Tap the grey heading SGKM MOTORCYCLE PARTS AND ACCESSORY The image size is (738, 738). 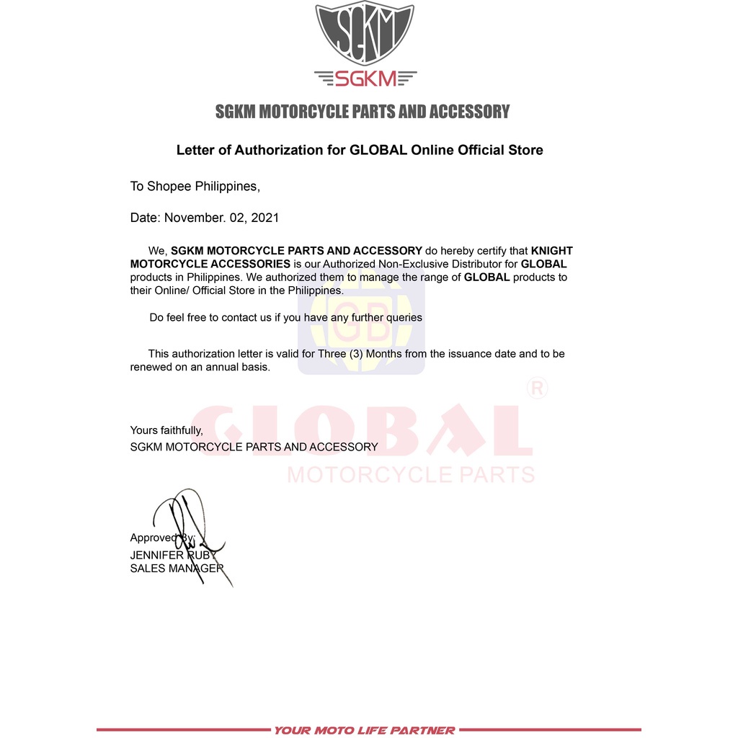(363, 112)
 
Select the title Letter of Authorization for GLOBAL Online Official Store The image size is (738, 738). (360, 151)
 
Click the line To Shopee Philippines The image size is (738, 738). (195, 187)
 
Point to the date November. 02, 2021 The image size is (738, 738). (221, 218)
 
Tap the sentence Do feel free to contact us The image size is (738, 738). (285, 317)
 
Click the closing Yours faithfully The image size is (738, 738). (166, 431)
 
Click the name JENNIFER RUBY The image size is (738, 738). (174, 556)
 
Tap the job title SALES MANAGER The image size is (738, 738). (176, 569)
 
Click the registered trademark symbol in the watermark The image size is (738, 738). (538, 389)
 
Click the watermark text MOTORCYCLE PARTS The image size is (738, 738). (411, 475)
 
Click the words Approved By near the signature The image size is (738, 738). (161, 538)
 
